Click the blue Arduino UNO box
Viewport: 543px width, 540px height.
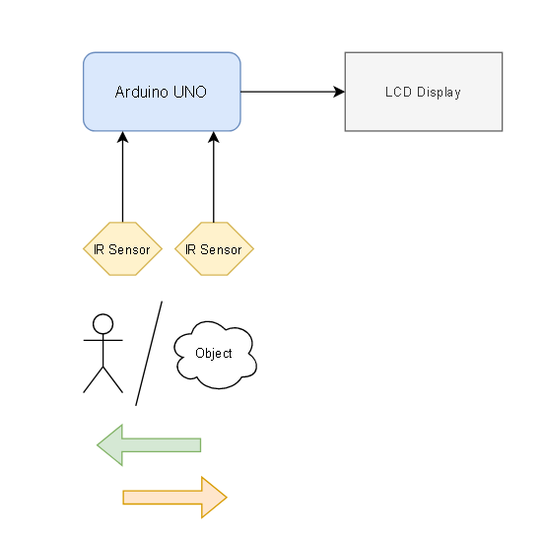tap(162, 92)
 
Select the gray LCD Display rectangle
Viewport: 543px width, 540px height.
tap(424, 92)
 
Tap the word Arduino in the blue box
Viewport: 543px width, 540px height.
tap(142, 92)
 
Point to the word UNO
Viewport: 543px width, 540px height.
tap(190, 93)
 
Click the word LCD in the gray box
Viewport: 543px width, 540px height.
tap(398, 92)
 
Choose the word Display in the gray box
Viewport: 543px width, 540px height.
tap(439, 93)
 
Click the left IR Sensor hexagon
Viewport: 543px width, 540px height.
tap(122, 248)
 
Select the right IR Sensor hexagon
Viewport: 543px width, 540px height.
tap(214, 248)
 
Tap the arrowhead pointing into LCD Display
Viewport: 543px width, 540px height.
tap(339, 92)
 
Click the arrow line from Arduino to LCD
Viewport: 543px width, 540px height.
tap(293, 92)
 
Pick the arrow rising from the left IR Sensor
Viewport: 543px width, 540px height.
tap(122, 176)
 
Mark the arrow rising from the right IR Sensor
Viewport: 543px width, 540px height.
tap(214, 176)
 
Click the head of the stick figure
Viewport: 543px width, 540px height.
tap(102, 324)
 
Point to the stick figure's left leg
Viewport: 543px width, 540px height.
tap(94, 379)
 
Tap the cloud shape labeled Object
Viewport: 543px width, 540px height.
tap(215, 355)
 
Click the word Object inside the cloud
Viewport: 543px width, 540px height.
tap(214, 354)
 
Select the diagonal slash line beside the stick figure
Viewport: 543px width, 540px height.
tap(149, 354)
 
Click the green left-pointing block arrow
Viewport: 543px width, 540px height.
tap(149, 445)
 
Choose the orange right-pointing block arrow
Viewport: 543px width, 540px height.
tap(174, 498)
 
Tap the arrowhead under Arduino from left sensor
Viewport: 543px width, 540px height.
tap(122, 137)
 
